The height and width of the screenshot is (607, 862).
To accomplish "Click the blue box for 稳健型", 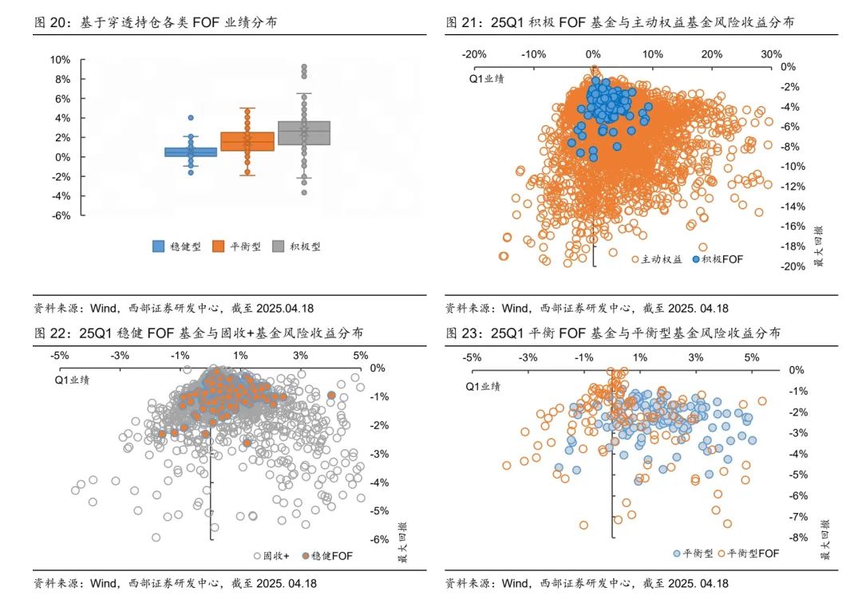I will point(191,152).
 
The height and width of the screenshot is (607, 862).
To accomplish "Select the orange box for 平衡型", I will point(247,141).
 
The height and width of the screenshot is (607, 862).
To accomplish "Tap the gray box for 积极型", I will point(303,132).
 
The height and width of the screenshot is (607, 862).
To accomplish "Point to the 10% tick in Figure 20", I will point(60,60).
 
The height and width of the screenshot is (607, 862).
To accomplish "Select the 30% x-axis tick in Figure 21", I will point(770,54).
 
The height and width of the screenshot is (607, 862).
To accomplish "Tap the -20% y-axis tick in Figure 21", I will point(793,266).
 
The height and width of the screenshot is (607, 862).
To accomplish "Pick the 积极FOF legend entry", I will point(718,259).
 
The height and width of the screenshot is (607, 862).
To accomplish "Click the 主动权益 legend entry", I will point(656,259).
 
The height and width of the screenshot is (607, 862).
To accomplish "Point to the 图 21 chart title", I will point(619,22).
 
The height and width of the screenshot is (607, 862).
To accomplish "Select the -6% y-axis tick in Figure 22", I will point(378,539).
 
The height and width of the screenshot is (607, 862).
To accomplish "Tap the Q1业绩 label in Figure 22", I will point(72,380).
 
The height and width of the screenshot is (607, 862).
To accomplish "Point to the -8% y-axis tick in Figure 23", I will point(796,538).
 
